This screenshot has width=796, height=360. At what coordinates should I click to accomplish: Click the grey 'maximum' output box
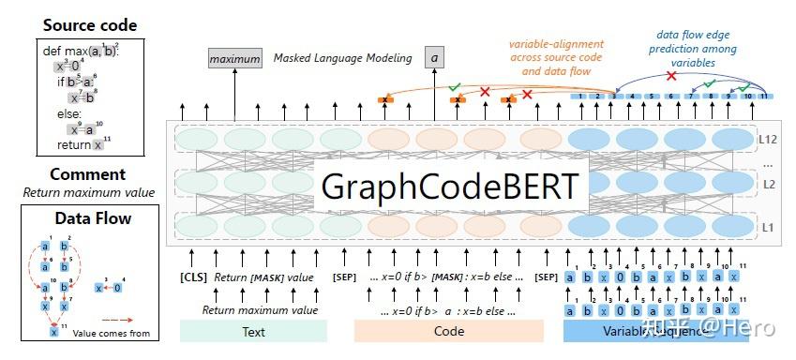pyautogui.click(x=234, y=59)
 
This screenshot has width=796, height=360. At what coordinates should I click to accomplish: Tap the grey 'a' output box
pyautogui.click(x=434, y=58)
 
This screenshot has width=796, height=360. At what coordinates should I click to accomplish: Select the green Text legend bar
pyautogui.click(x=253, y=331)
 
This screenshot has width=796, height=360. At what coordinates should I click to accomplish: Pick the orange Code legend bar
pyautogui.click(x=449, y=331)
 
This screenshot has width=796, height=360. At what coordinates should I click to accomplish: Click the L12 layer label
pyautogui.click(x=766, y=139)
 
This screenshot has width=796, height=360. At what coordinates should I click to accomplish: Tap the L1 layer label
pyautogui.click(x=766, y=228)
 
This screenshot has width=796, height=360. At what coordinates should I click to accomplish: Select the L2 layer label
pyautogui.click(x=766, y=185)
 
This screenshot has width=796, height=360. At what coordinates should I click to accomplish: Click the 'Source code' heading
pyautogui.click(x=89, y=25)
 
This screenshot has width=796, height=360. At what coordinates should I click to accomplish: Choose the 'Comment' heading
pyautogui.click(x=87, y=174)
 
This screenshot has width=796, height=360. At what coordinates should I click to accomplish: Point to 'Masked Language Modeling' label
pyautogui.click(x=342, y=58)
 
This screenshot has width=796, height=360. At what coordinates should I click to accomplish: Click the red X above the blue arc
pyautogui.click(x=669, y=75)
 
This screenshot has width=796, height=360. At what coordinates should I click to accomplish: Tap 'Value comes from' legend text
pyautogui.click(x=117, y=333)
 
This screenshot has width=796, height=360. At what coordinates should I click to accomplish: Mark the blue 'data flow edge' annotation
pyautogui.click(x=696, y=36)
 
